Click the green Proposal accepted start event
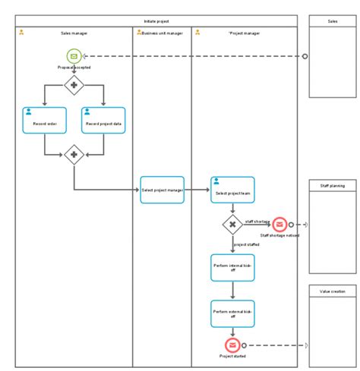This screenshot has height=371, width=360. [x=74, y=55]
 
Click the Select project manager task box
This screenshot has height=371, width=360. [x=162, y=190]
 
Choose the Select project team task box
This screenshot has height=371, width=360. [x=232, y=190]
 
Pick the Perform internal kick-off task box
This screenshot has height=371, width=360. [x=232, y=268]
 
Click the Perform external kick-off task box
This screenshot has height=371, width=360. [x=232, y=313]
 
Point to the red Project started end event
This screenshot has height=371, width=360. [x=232, y=345]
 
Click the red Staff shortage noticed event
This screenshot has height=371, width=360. [x=279, y=225]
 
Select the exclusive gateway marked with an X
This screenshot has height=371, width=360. [x=232, y=225]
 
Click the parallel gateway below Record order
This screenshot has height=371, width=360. [x=74, y=156]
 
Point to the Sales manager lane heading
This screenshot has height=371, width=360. [x=74, y=33]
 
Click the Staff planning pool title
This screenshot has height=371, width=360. [x=332, y=185]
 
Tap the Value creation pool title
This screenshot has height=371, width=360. [x=332, y=291]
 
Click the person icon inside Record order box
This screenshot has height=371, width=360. [x=28, y=111]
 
